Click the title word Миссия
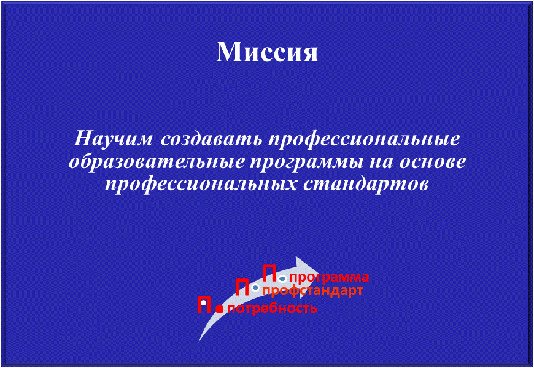[x=267, y=52]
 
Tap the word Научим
[x=114, y=139]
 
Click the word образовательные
[x=157, y=162]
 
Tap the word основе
[x=432, y=163]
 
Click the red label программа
[x=330, y=278]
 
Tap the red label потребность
[x=273, y=309]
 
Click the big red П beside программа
[x=269, y=274]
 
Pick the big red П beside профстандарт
[x=242, y=288]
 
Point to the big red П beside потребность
[x=204, y=305]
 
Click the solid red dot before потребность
[x=220, y=309]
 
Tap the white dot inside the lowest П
[x=203, y=302]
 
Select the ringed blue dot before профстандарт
[x=256, y=288]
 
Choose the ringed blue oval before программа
[x=282, y=279]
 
